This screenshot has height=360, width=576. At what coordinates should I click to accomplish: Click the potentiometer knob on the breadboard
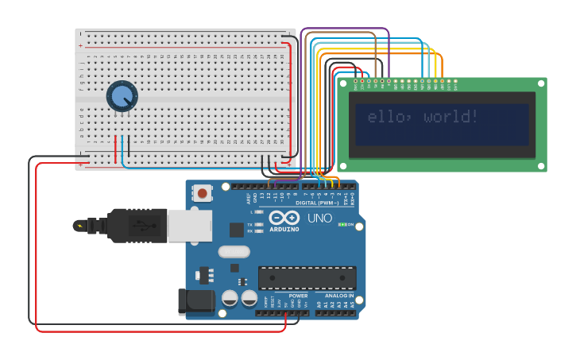(x=122, y=96)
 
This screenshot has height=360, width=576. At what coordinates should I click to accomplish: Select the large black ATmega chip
(x=307, y=277)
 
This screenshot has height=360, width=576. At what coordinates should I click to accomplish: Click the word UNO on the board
(x=319, y=218)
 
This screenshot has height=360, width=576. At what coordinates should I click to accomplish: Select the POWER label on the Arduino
(x=298, y=296)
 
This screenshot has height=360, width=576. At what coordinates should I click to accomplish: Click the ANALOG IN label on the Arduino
(x=339, y=296)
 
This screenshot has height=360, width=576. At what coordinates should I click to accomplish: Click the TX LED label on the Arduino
(x=250, y=225)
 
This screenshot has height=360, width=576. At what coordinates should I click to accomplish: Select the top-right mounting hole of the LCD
(x=541, y=83)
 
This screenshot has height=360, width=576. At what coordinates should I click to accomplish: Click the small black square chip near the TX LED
(x=237, y=230)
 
